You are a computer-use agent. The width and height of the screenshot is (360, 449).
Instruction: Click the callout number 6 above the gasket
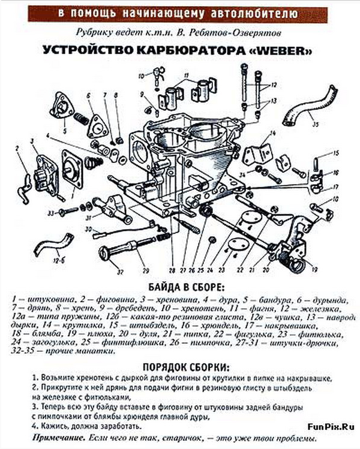(x=88, y=95)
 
